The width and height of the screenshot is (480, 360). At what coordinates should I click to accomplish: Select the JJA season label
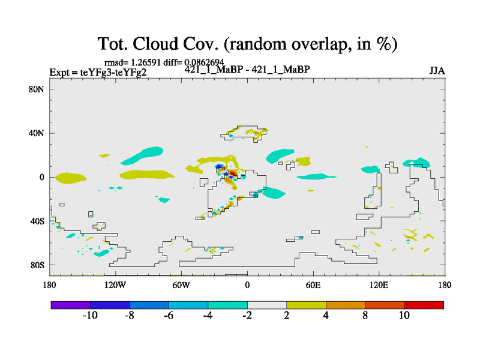click(x=437, y=71)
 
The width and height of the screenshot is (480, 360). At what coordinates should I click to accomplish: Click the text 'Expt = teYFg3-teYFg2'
click(x=98, y=73)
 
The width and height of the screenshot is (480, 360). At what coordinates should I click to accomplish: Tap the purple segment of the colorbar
click(x=71, y=305)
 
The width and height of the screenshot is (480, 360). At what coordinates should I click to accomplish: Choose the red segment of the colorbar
click(x=424, y=305)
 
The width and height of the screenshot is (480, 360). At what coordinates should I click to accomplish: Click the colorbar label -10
click(x=90, y=316)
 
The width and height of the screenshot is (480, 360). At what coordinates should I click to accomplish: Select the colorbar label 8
click(x=365, y=316)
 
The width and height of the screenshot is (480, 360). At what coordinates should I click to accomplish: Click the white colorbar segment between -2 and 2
click(x=267, y=305)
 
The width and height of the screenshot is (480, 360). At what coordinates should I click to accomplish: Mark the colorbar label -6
click(x=169, y=316)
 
